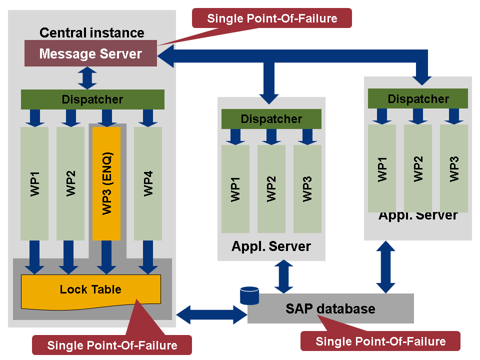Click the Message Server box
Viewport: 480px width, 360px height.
coord(90,53)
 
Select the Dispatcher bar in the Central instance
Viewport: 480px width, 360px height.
coord(92,99)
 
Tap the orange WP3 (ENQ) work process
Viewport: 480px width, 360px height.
coord(106,183)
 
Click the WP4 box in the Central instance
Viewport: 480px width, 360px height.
coord(148,183)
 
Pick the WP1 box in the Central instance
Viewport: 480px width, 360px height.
coord(34,183)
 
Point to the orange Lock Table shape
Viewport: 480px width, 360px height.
coord(90,289)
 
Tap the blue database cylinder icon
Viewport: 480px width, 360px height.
coord(249,295)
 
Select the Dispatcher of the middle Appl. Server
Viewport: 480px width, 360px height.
coord(271,119)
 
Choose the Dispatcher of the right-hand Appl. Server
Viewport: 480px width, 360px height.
coord(418,98)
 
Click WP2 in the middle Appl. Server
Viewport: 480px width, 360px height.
coord(271,188)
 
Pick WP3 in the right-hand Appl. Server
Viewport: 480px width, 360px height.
coord(454,168)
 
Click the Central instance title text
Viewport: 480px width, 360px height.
coord(92,33)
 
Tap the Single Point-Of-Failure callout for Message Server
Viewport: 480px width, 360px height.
coord(272,18)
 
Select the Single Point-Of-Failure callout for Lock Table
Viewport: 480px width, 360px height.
coord(112,345)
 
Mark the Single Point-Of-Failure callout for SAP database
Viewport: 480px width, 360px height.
coord(380,341)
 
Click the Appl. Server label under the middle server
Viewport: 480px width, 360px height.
coord(271,246)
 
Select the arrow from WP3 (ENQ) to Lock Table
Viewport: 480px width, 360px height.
coord(106,256)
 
